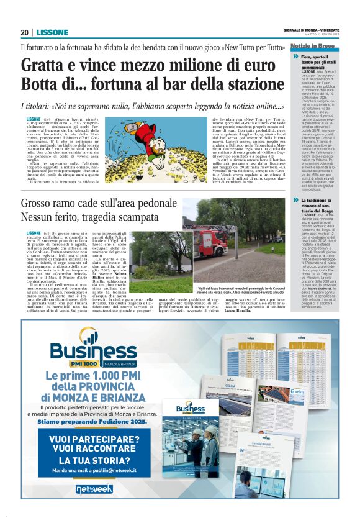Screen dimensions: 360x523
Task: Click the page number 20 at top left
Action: tap(25, 32)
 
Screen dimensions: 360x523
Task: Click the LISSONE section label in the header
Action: tap(52, 32)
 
